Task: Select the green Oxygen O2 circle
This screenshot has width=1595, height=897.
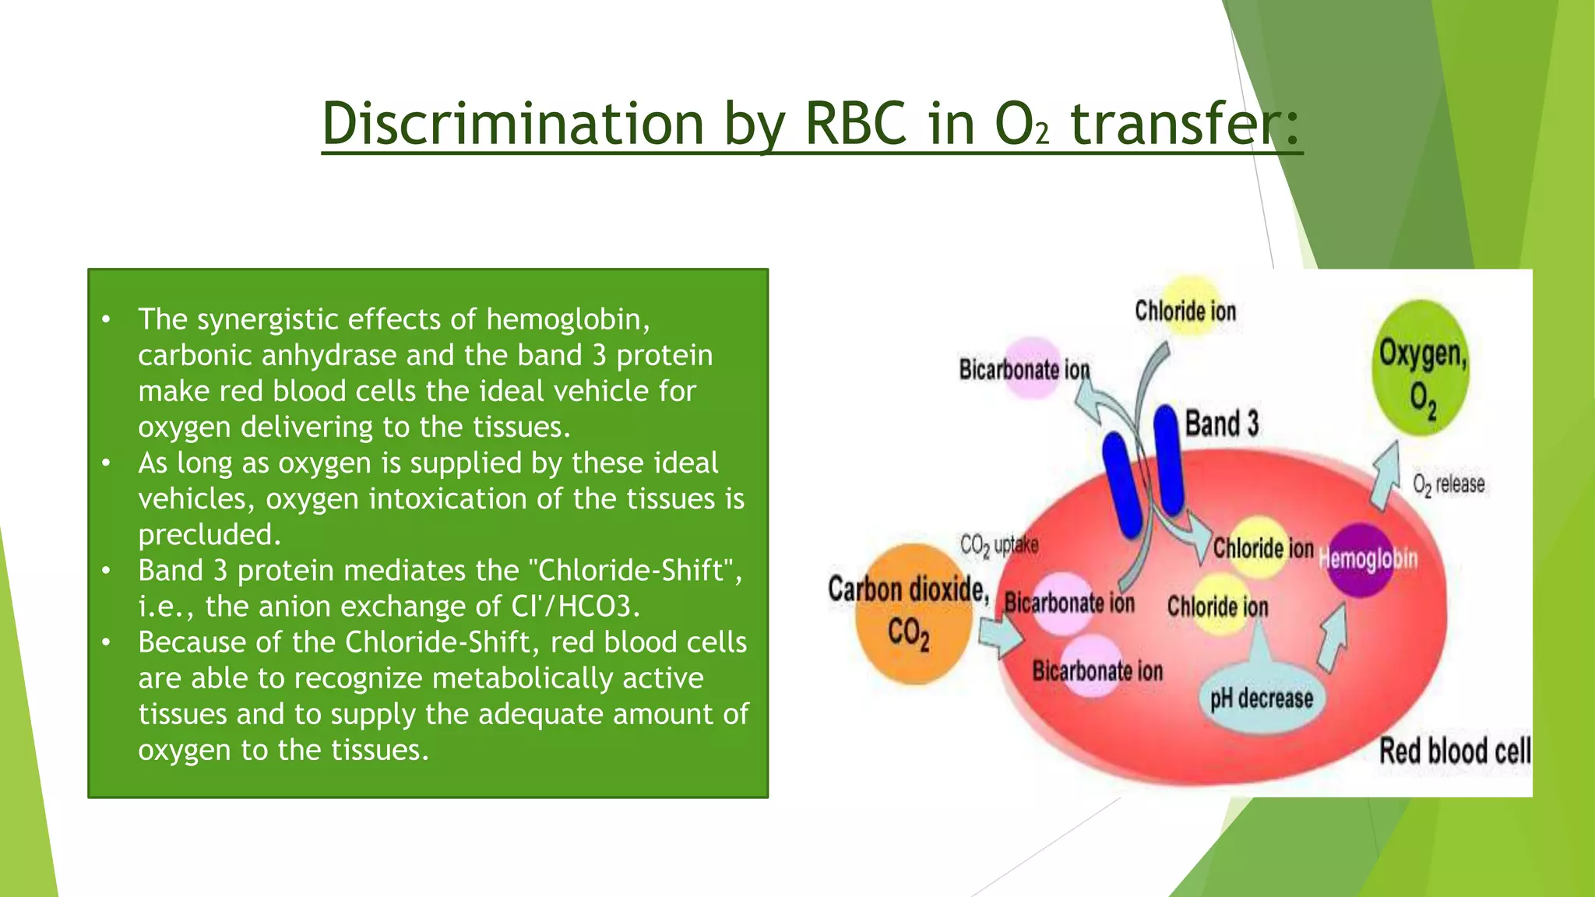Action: [x=1421, y=379]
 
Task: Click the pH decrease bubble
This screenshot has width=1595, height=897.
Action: [x=1261, y=698]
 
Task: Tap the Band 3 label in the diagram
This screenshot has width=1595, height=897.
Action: [x=1221, y=424]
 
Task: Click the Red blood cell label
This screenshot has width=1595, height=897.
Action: [x=1453, y=751]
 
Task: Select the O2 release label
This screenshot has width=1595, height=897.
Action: [x=1449, y=485]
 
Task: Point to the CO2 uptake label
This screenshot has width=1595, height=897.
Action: [x=998, y=545]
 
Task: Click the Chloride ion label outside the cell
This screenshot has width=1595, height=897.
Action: [x=1185, y=311]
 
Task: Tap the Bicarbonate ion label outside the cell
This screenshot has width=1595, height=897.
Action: [x=1023, y=369]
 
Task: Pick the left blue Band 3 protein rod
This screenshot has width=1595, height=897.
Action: [x=1121, y=486]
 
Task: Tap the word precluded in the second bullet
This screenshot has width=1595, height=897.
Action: [x=209, y=535]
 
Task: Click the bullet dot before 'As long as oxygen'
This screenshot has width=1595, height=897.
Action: [x=106, y=463]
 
